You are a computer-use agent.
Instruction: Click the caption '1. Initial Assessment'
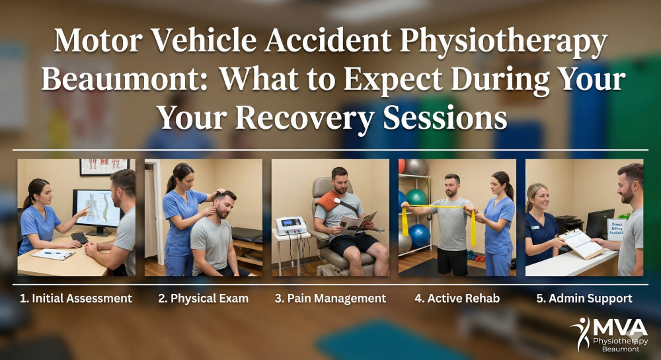[x=75, y=299]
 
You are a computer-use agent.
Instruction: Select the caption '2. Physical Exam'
[x=203, y=299]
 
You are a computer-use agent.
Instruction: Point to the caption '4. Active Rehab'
[x=457, y=299]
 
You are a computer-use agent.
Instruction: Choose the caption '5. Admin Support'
[x=584, y=299]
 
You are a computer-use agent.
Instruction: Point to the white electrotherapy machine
[x=292, y=226]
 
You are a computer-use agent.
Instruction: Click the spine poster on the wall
[x=104, y=166]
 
